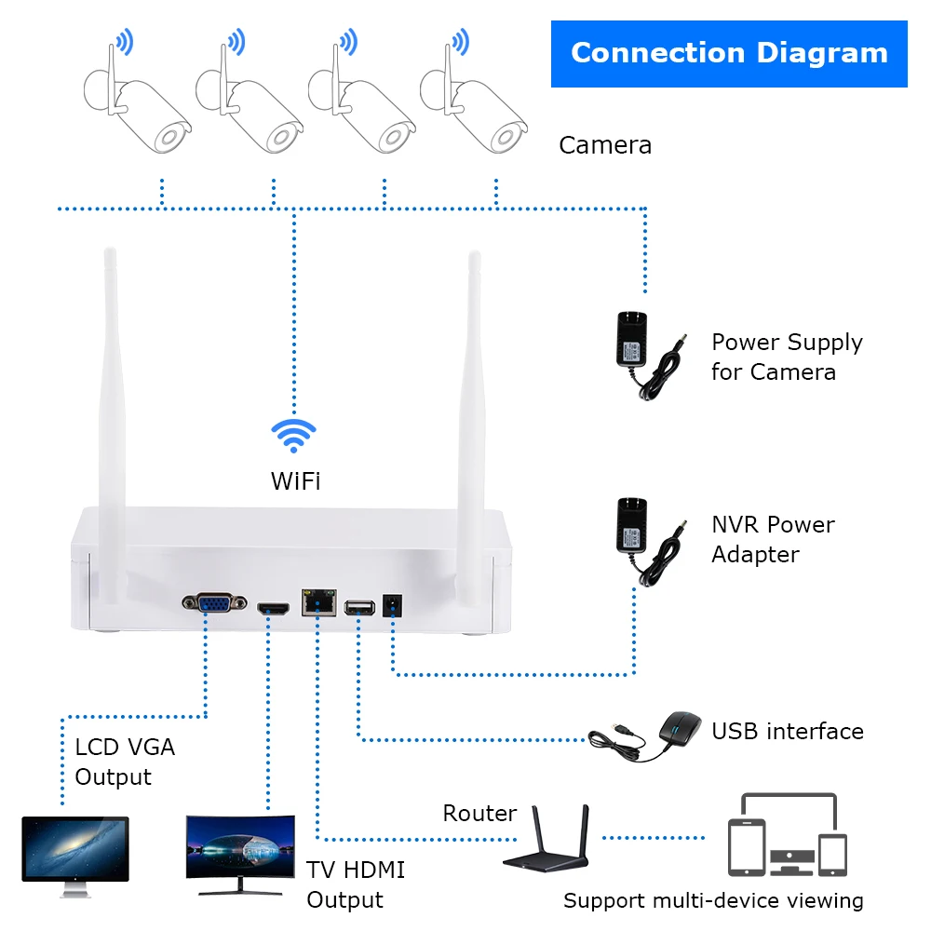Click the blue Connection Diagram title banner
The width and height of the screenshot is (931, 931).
tap(729, 53)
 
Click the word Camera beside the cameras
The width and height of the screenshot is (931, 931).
tap(605, 145)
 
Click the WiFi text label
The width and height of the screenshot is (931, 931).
tap(295, 481)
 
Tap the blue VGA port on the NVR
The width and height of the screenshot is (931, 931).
tap(215, 603)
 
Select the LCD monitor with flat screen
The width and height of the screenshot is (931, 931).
tap(74, 852)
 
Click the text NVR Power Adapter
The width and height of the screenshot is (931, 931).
tap(773, 539)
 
